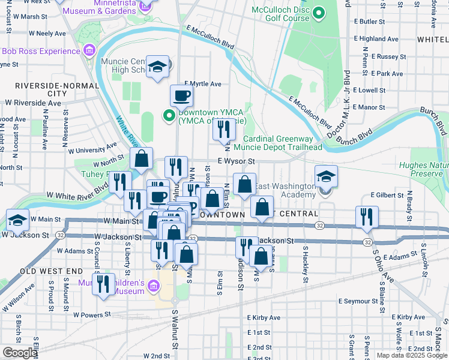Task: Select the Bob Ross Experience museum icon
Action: click(90, 51)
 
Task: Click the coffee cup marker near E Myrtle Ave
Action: click(181, 95)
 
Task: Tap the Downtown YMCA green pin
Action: click(169, 115)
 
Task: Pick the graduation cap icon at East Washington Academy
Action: click(326, 176)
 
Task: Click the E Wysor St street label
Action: click(237, 161)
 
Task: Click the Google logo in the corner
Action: click(20, 353)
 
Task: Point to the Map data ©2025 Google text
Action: click(412, 355)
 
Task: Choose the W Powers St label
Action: click(92, 314)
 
